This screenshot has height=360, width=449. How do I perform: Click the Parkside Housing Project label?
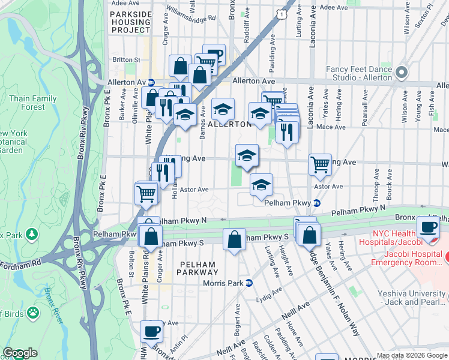(x=130, y=21)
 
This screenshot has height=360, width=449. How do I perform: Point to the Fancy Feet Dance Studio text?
(x=358, y=73)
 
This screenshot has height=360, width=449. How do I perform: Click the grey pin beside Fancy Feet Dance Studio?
(x=401, y=73)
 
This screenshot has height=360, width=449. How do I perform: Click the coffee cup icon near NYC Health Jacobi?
(x=428, y=227)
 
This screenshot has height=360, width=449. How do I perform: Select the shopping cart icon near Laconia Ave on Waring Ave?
(x=320, y=164)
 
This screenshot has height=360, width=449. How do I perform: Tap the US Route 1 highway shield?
(x=281, y=13)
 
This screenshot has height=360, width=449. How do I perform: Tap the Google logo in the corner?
(x=20, y=353)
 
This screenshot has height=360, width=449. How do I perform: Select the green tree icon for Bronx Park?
(x=32, y=233)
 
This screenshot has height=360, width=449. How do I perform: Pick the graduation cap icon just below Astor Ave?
(x=261, y=185)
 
